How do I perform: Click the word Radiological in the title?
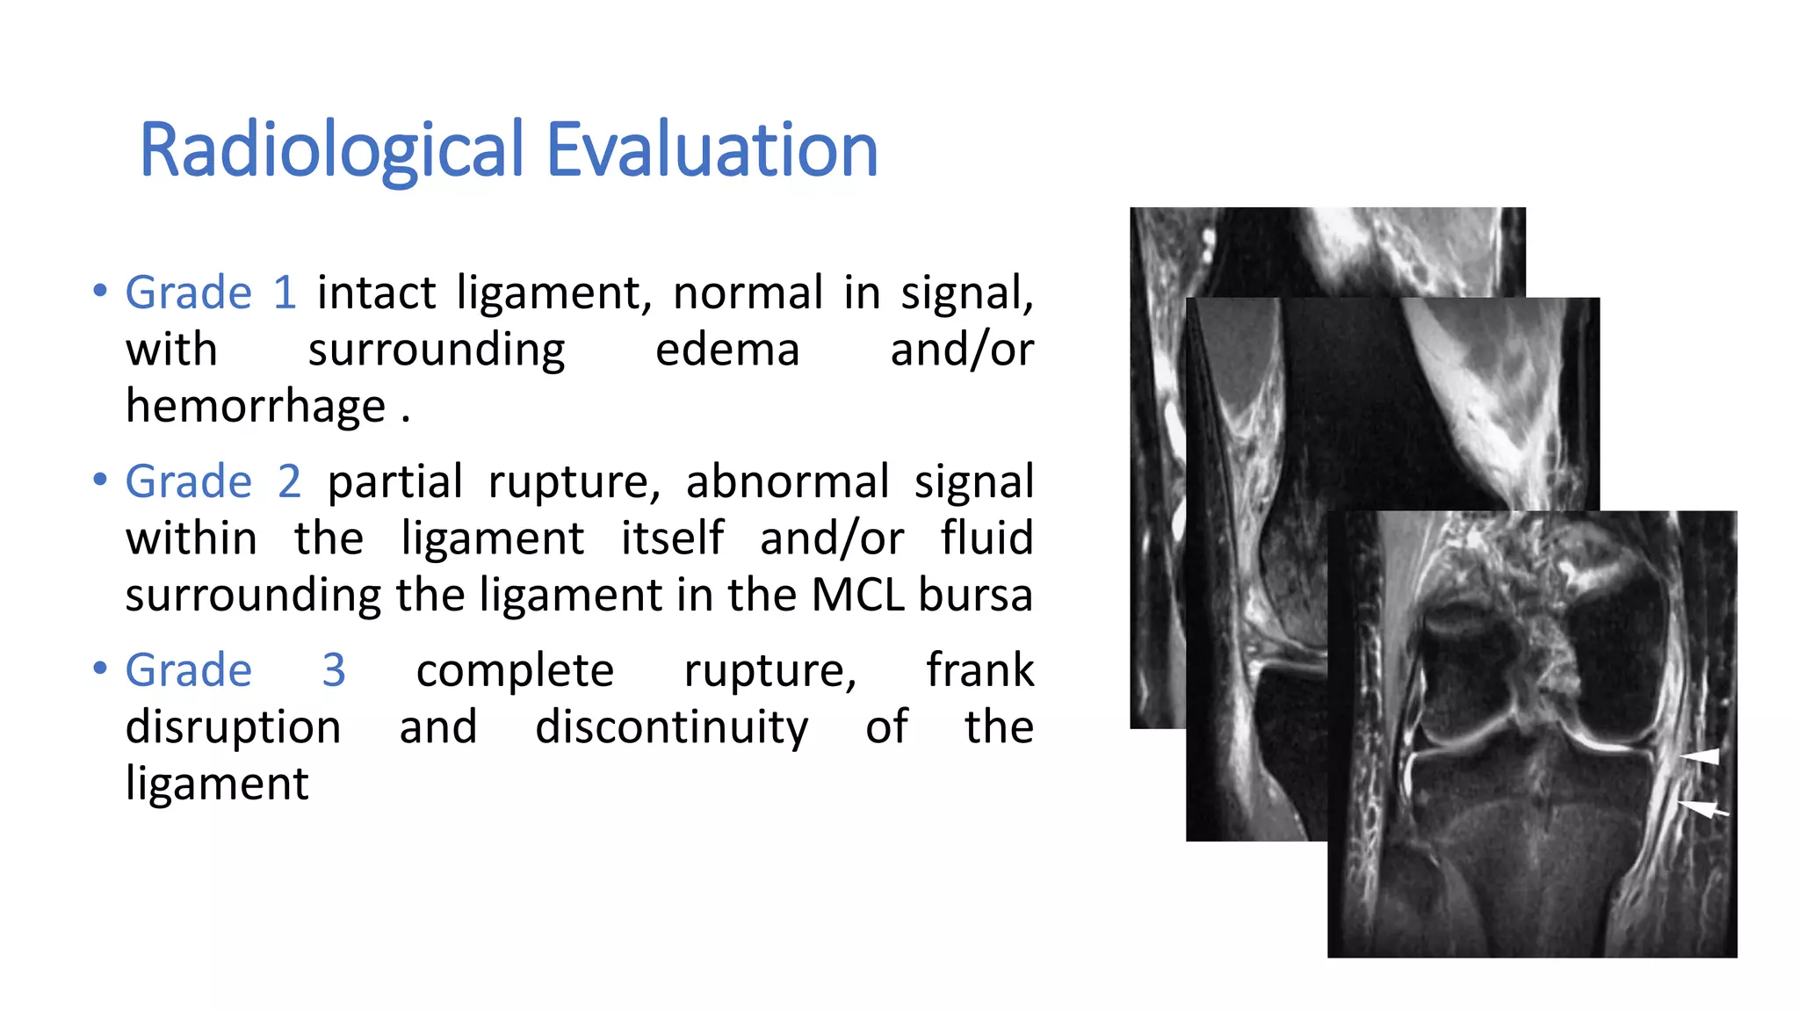tap(331, 150)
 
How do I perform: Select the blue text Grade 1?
tap(211, 293)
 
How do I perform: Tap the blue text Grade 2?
tap(213, 481)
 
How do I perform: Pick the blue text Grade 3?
tap(235, 670)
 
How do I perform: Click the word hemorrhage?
tap(256, 407)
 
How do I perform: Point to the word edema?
tap(727, 350)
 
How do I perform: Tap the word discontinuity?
tap(671, 727)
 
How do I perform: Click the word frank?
tap(979, 670)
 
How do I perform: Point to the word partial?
tap(394, 481)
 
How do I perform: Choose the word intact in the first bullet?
tap(376, 293)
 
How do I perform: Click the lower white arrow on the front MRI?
tap(1702, 808)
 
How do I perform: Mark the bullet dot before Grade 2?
tap(100, 480)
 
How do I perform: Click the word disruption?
tap(233, 727)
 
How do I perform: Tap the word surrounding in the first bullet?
tap(436, 350)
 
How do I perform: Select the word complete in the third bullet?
tap(515, 670)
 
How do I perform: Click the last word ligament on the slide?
tap(217, 784)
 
